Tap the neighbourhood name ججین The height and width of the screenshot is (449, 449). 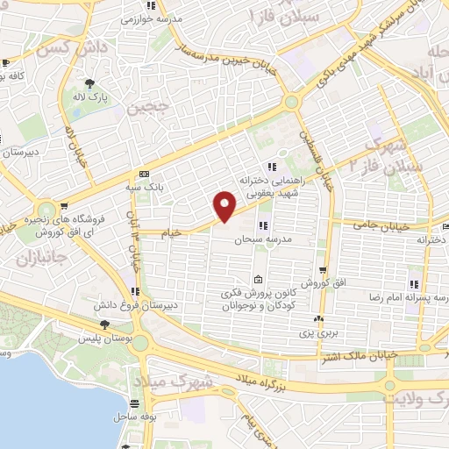[147, 109]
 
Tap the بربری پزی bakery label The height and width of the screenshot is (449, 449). [327, 333]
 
